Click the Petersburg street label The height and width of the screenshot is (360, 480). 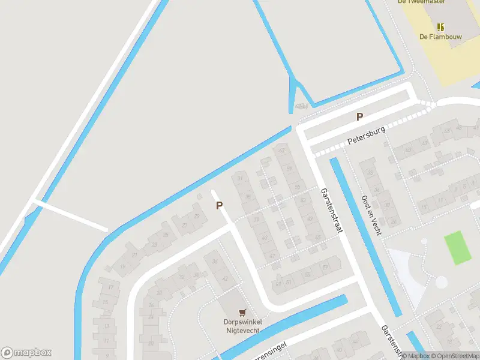point(365,140)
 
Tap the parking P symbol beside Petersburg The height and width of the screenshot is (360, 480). point(360,117)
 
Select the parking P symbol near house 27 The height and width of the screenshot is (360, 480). point(220,205)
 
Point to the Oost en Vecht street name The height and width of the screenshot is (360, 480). point(371,214)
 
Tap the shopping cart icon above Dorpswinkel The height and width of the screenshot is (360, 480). point(242,313)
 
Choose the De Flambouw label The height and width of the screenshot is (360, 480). point(440,36)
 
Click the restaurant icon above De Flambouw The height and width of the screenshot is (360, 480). point(440,26)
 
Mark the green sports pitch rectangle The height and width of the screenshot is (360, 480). point(457,248)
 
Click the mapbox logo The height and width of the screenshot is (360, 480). point(26,353)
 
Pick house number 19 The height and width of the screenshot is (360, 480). point(124,266)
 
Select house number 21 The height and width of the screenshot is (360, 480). point(134,256)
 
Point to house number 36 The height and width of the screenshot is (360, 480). point(215,262)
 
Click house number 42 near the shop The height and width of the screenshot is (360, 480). point(225,279)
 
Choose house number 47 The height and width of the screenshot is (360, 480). point(272,256)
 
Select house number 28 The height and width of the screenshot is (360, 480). point(159,293)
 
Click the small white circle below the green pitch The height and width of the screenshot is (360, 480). point(442,282)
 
